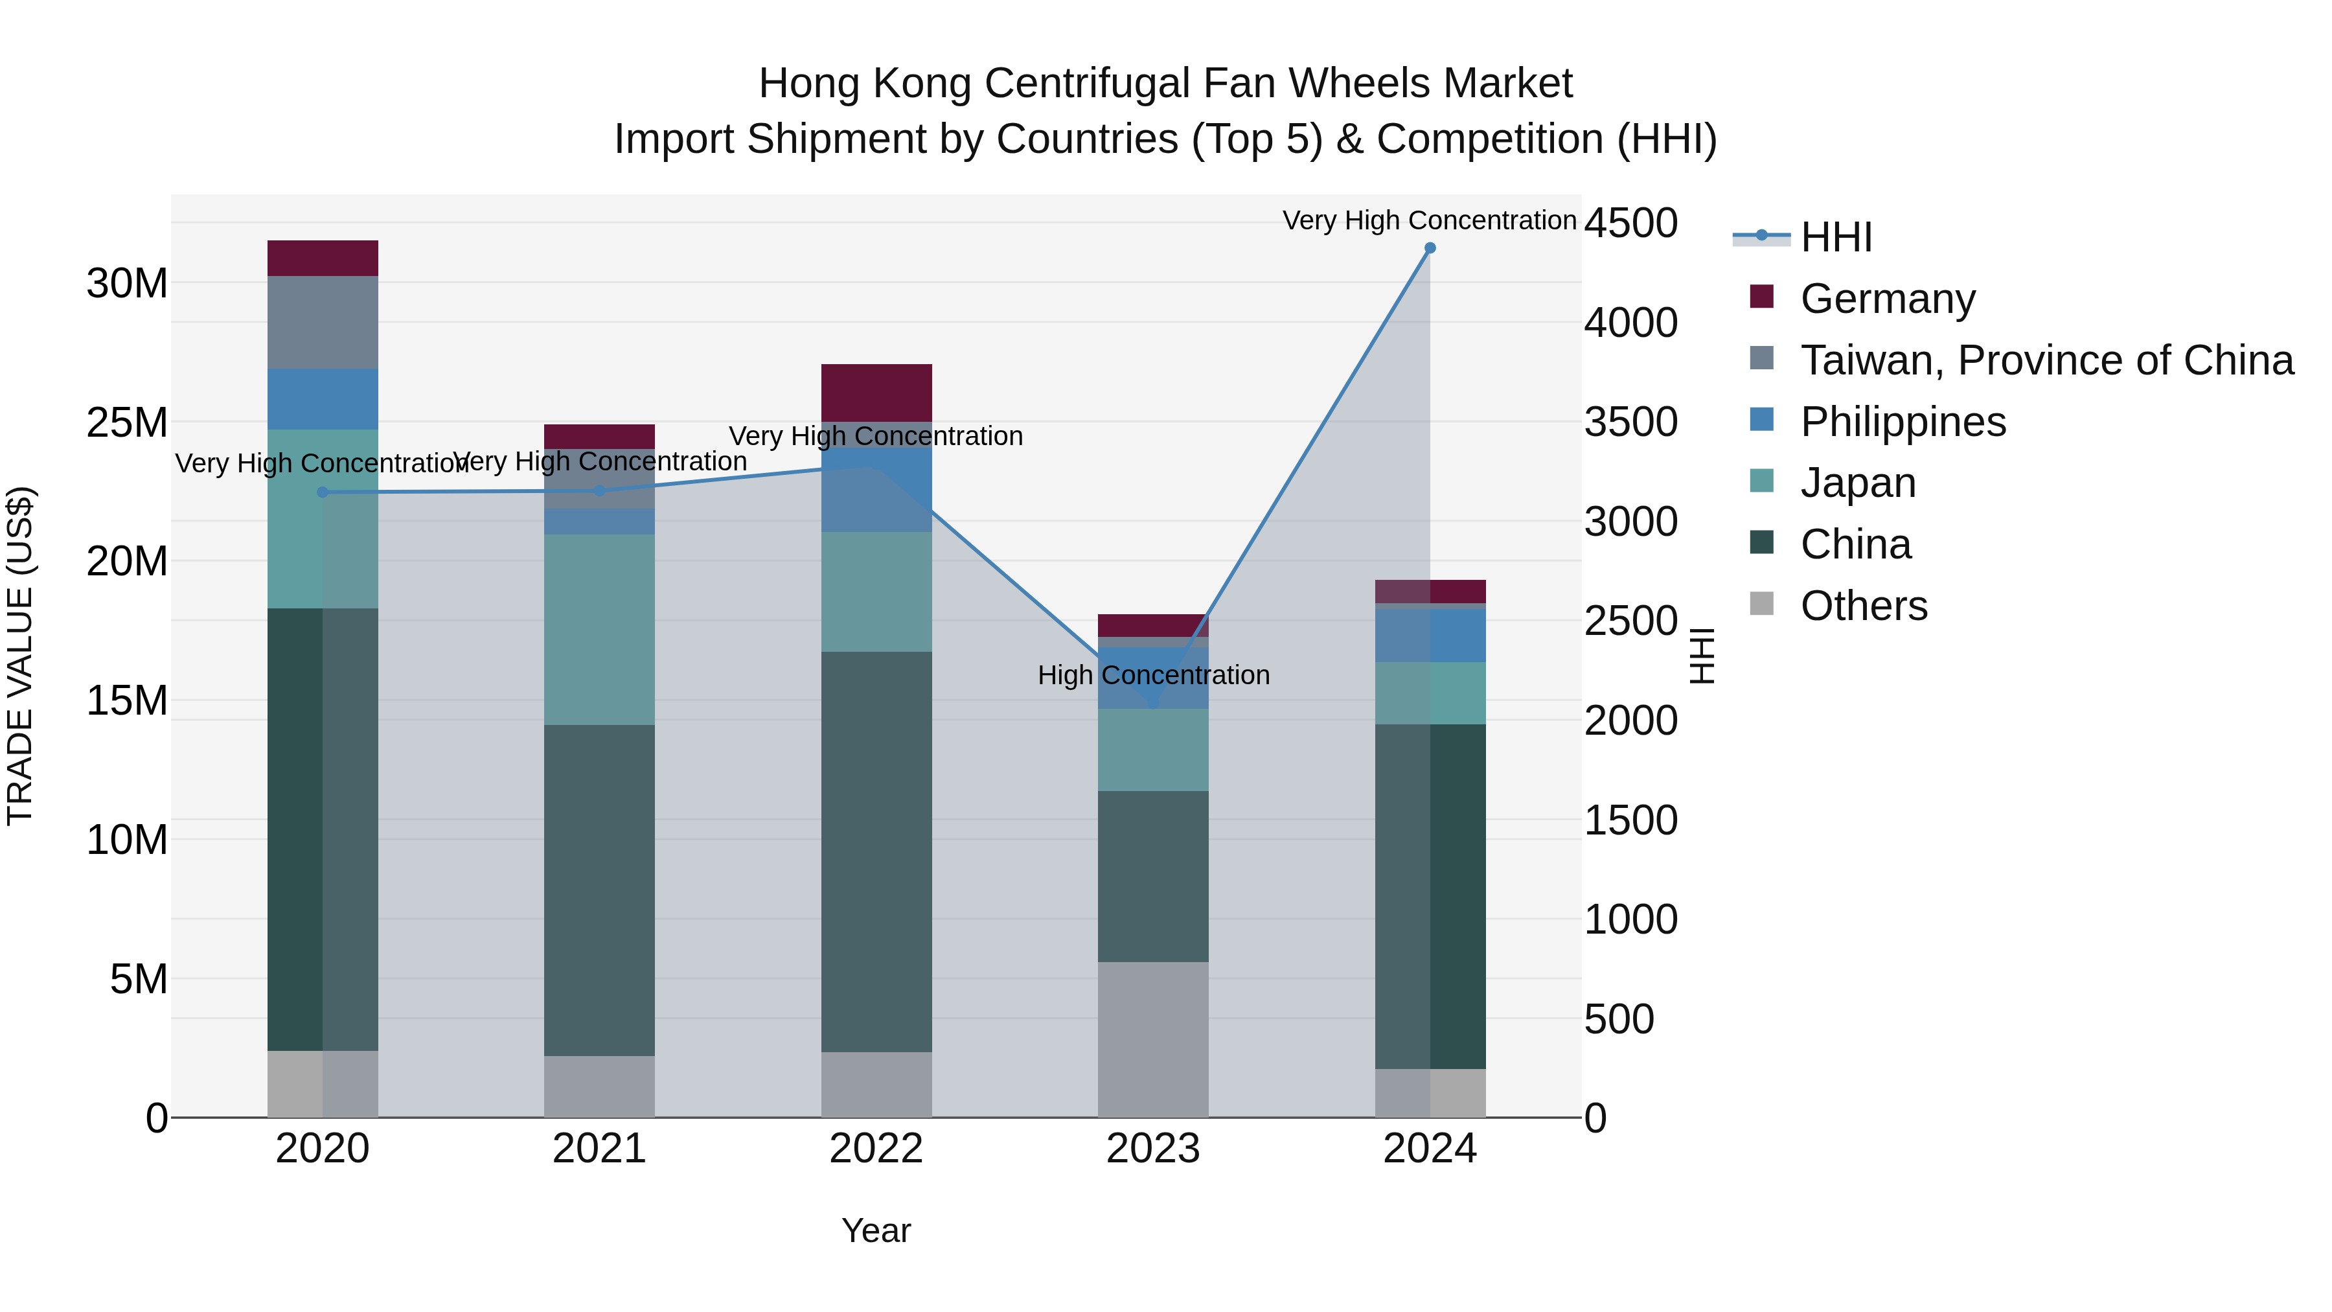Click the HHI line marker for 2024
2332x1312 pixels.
[x=1430, y=248]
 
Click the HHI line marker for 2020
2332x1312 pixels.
[x=323, y=492]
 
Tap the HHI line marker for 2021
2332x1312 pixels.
[x=599, y=490]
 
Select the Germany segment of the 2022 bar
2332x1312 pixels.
[x=876, y=392]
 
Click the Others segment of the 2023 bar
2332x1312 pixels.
[x=1152, y=1039]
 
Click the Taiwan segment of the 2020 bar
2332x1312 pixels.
[x=323, y=323]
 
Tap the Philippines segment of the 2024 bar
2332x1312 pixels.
[x=1430, y=636]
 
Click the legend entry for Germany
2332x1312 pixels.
[x=1888, y=299]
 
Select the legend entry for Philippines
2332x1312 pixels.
[x=1903, y=422]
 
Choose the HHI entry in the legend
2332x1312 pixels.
[x=1836, y=237]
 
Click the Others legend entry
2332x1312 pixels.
[x=1863, y=606]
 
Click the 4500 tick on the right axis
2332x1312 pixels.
[x=1630, y=223]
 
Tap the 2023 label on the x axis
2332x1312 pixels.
[x=1152, y=1149]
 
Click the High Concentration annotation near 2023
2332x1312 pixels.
[x=1153, y=676]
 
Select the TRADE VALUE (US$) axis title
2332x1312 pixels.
[x=20, y=656]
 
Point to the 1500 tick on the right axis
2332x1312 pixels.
[x=1630, y=820]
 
